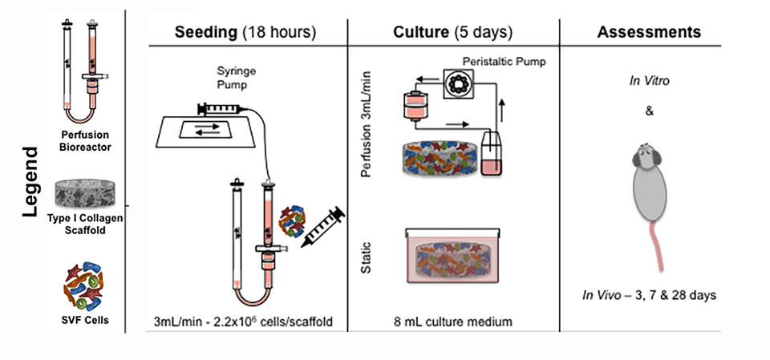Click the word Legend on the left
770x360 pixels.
[x=30, y=181]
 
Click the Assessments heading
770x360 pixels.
[x=649, y=33]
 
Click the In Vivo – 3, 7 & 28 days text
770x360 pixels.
[x=649, y=295]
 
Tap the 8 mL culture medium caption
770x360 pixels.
[x=453, y=322]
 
